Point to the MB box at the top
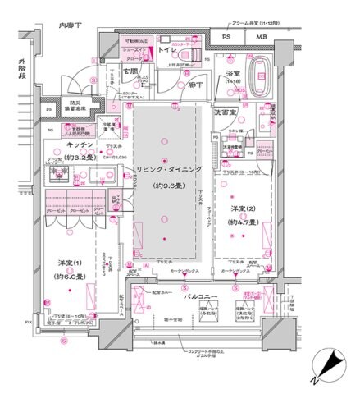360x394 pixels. pyautogui.click(x=260, y=36)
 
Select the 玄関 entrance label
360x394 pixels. pyautogui.click(x=130, y=72)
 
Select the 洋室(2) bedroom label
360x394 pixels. pyautogui.click(x=245, y=209)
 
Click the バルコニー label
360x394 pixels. pyautogui.click(x=199, y=295)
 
